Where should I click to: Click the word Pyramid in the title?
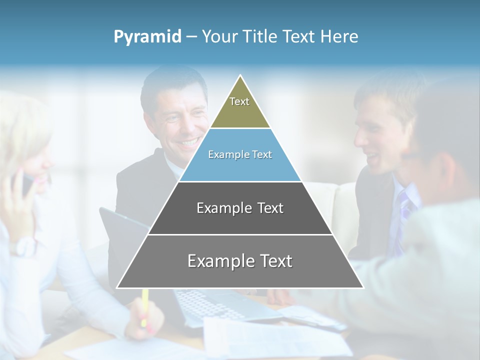[147, 37]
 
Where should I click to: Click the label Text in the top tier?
[239, 101]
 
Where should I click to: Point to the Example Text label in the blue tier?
[240, 154]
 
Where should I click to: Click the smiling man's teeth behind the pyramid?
[189, 143]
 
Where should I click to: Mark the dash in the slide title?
[191, 37]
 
